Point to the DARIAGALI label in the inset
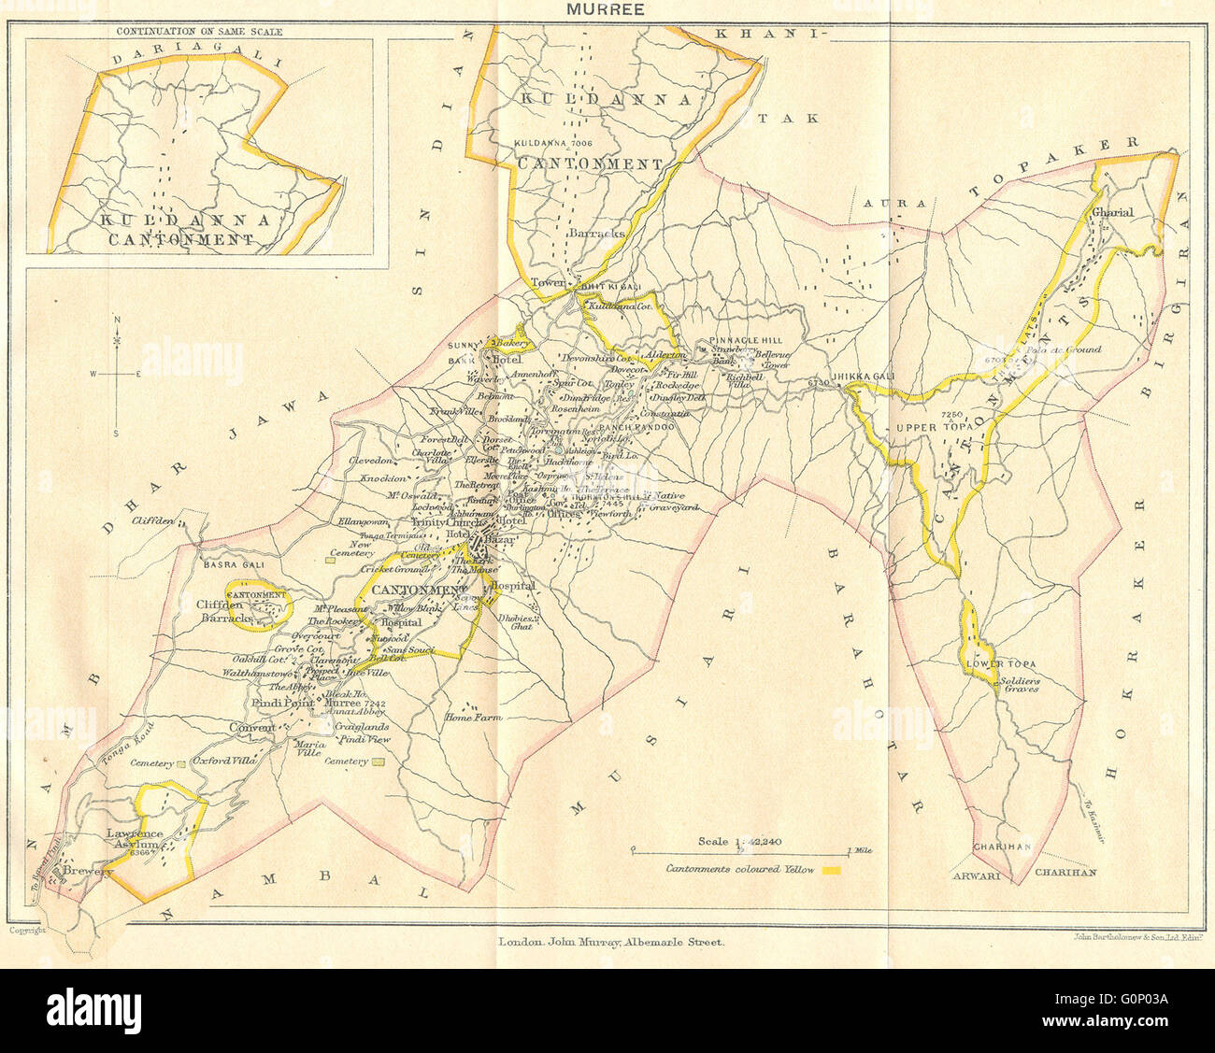pos(184,60)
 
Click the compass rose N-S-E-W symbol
pos(116,375)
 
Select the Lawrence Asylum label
pos(136,840)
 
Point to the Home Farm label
pos(474,718)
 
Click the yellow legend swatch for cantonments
pos(831,870)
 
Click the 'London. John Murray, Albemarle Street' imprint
pos(610,943)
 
